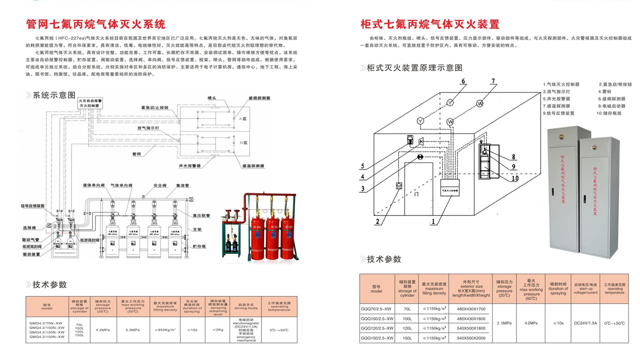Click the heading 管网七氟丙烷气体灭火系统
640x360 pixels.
click(95, 24)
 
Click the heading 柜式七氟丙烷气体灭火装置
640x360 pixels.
click(429, 24)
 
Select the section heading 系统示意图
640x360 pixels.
click(54, 95)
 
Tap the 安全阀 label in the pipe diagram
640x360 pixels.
click(160, 185)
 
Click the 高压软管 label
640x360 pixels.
click(202, 215)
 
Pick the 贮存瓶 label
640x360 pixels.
click(200, 246)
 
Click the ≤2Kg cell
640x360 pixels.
click(218, 329)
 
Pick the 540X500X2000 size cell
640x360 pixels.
click(471, 338)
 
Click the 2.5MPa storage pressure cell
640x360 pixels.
click(504, 324)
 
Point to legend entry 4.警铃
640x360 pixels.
click(605, 92)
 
